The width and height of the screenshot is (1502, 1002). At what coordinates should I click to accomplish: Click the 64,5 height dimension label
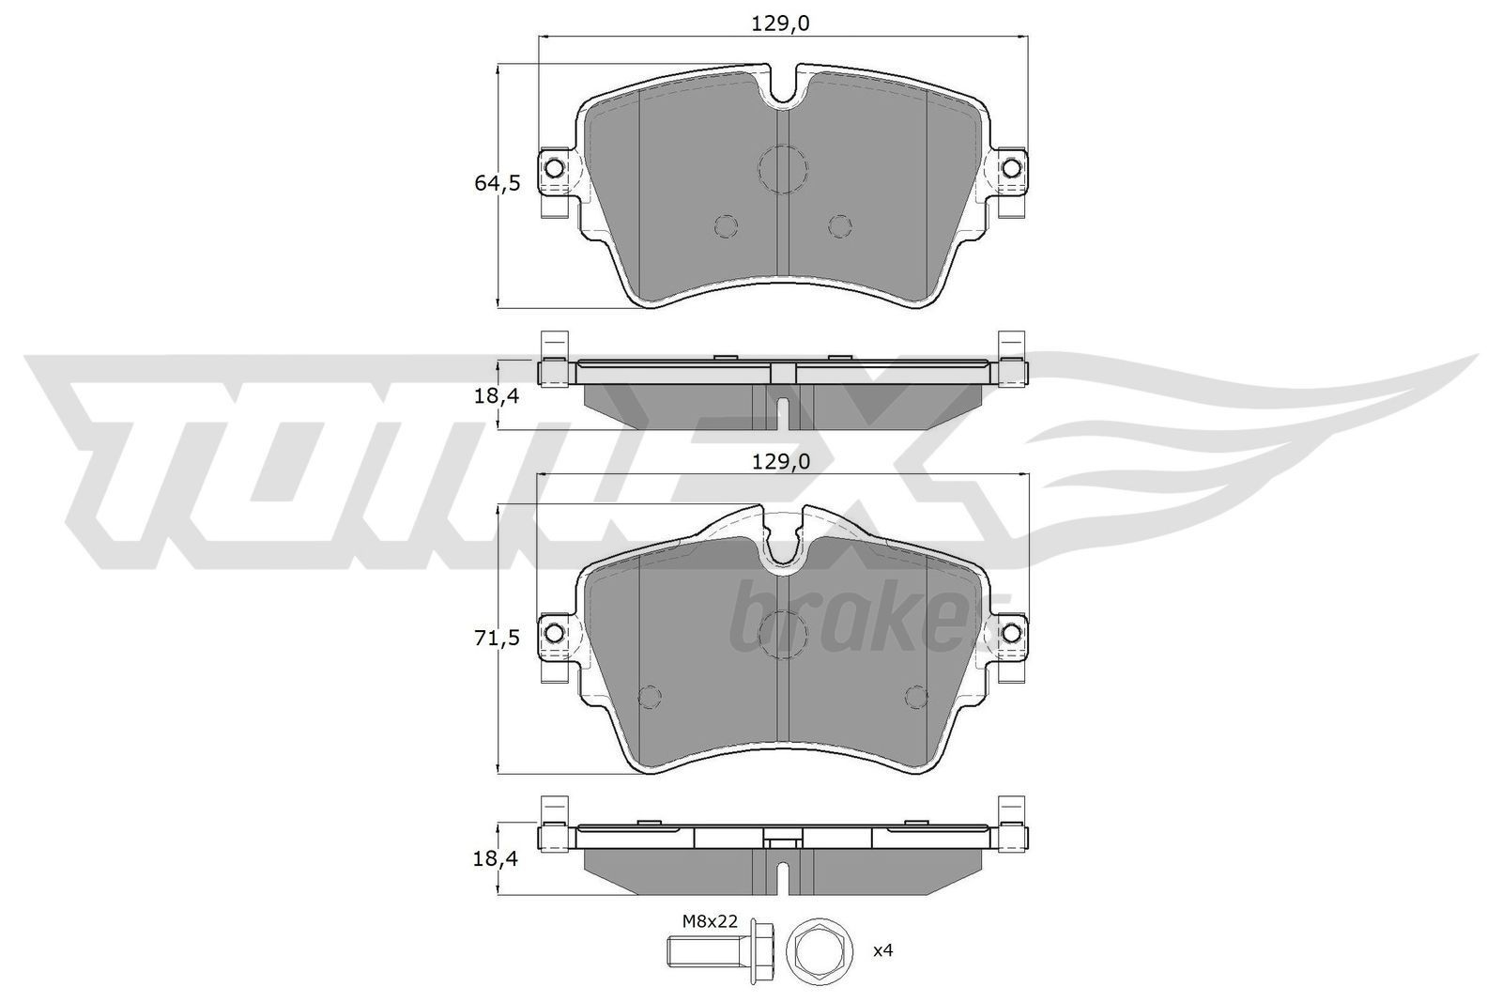497,183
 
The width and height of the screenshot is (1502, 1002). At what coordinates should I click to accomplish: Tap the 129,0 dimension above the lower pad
779,462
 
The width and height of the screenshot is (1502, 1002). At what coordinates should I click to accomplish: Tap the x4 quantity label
882,951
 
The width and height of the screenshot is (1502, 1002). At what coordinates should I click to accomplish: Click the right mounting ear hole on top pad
1010,169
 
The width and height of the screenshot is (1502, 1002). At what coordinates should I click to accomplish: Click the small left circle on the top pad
726,226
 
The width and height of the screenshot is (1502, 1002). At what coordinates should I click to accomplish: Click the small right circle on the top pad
840,226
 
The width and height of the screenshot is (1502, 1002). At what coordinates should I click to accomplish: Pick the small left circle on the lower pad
649,696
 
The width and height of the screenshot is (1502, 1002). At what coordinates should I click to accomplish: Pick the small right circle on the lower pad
915,696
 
